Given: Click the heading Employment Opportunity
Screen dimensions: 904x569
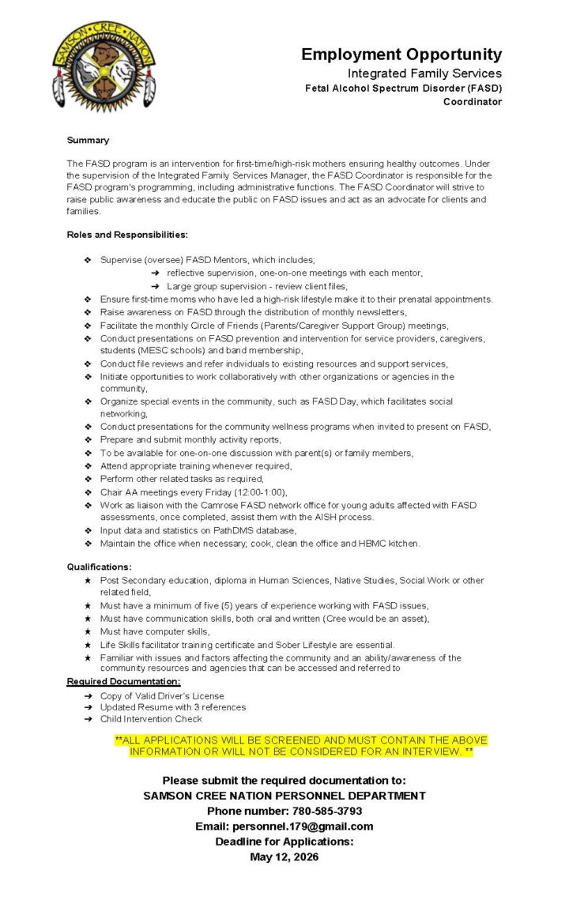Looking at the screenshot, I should tap(401, 55).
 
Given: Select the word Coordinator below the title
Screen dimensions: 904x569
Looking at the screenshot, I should tap(472, 102).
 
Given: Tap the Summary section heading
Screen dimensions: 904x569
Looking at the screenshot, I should tap(88, 140).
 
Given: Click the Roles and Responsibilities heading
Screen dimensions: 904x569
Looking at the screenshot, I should tap(127, 235).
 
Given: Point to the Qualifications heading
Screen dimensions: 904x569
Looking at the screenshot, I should tap(99, 567).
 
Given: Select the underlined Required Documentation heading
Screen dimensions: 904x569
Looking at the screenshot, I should tap(123, 681).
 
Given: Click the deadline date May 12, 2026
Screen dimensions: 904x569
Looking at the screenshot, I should tap(284, 857).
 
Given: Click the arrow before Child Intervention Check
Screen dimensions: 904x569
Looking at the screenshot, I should tap(88, 719).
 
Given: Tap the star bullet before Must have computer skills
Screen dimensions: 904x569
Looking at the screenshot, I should tap(88, 631).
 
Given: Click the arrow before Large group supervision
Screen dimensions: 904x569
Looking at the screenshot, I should tap(156, 286).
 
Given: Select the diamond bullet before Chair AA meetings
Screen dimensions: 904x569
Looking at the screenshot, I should tap(88, 492).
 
